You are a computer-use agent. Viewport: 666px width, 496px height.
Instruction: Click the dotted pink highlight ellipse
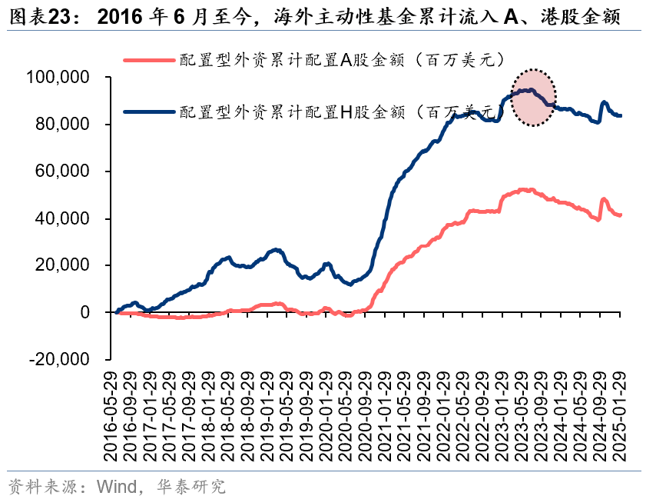coord(534,97)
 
